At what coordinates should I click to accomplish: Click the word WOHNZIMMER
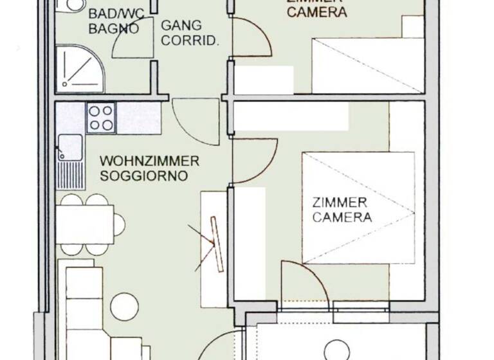[x=150, y=161]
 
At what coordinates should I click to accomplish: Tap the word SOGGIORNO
[x=144, y=175]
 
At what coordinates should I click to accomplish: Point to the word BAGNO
[x=113, y=28]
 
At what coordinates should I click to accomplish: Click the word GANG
[x=181, y=26]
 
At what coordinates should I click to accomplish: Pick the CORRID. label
[x=190, y=40]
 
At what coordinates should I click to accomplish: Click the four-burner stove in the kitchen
[x=101, y=118]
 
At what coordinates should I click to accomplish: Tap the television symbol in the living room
[x=215, y=243]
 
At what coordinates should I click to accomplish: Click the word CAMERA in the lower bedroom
[x=342, y=217]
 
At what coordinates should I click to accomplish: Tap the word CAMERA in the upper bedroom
[x=317, y=12]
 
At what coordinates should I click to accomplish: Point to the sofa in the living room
[x=84, y=309]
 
